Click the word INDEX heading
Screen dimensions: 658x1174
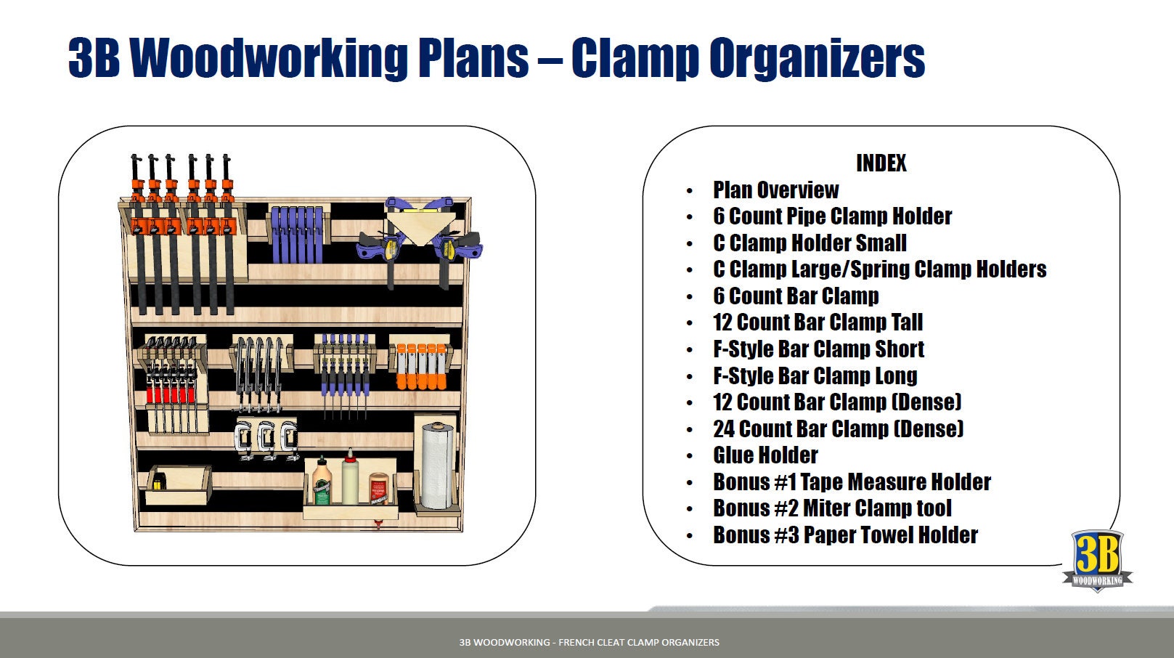(x=881, y=163)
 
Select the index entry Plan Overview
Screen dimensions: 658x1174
(x=775, y=190)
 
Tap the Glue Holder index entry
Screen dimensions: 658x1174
(x=765, y=455)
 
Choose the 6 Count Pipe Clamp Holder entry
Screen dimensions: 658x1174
(x=832, y=216)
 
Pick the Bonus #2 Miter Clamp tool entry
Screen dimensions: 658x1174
(x=832, y=508)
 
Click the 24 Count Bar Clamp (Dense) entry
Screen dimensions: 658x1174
(x=838, y=429)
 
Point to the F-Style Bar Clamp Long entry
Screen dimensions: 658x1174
(x=815, y=376)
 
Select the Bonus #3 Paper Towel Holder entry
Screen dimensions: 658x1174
(x=845, y=535)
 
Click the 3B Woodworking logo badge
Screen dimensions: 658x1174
(x=1097, y=560)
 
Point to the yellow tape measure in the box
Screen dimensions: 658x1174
(x=157, y=482)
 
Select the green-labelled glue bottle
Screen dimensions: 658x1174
(x=322, y=482)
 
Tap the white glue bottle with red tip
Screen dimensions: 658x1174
(x=351, y=478)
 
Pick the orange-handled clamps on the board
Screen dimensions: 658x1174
(x=420, y=367)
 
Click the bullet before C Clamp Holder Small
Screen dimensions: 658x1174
(x=689, y=244)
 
